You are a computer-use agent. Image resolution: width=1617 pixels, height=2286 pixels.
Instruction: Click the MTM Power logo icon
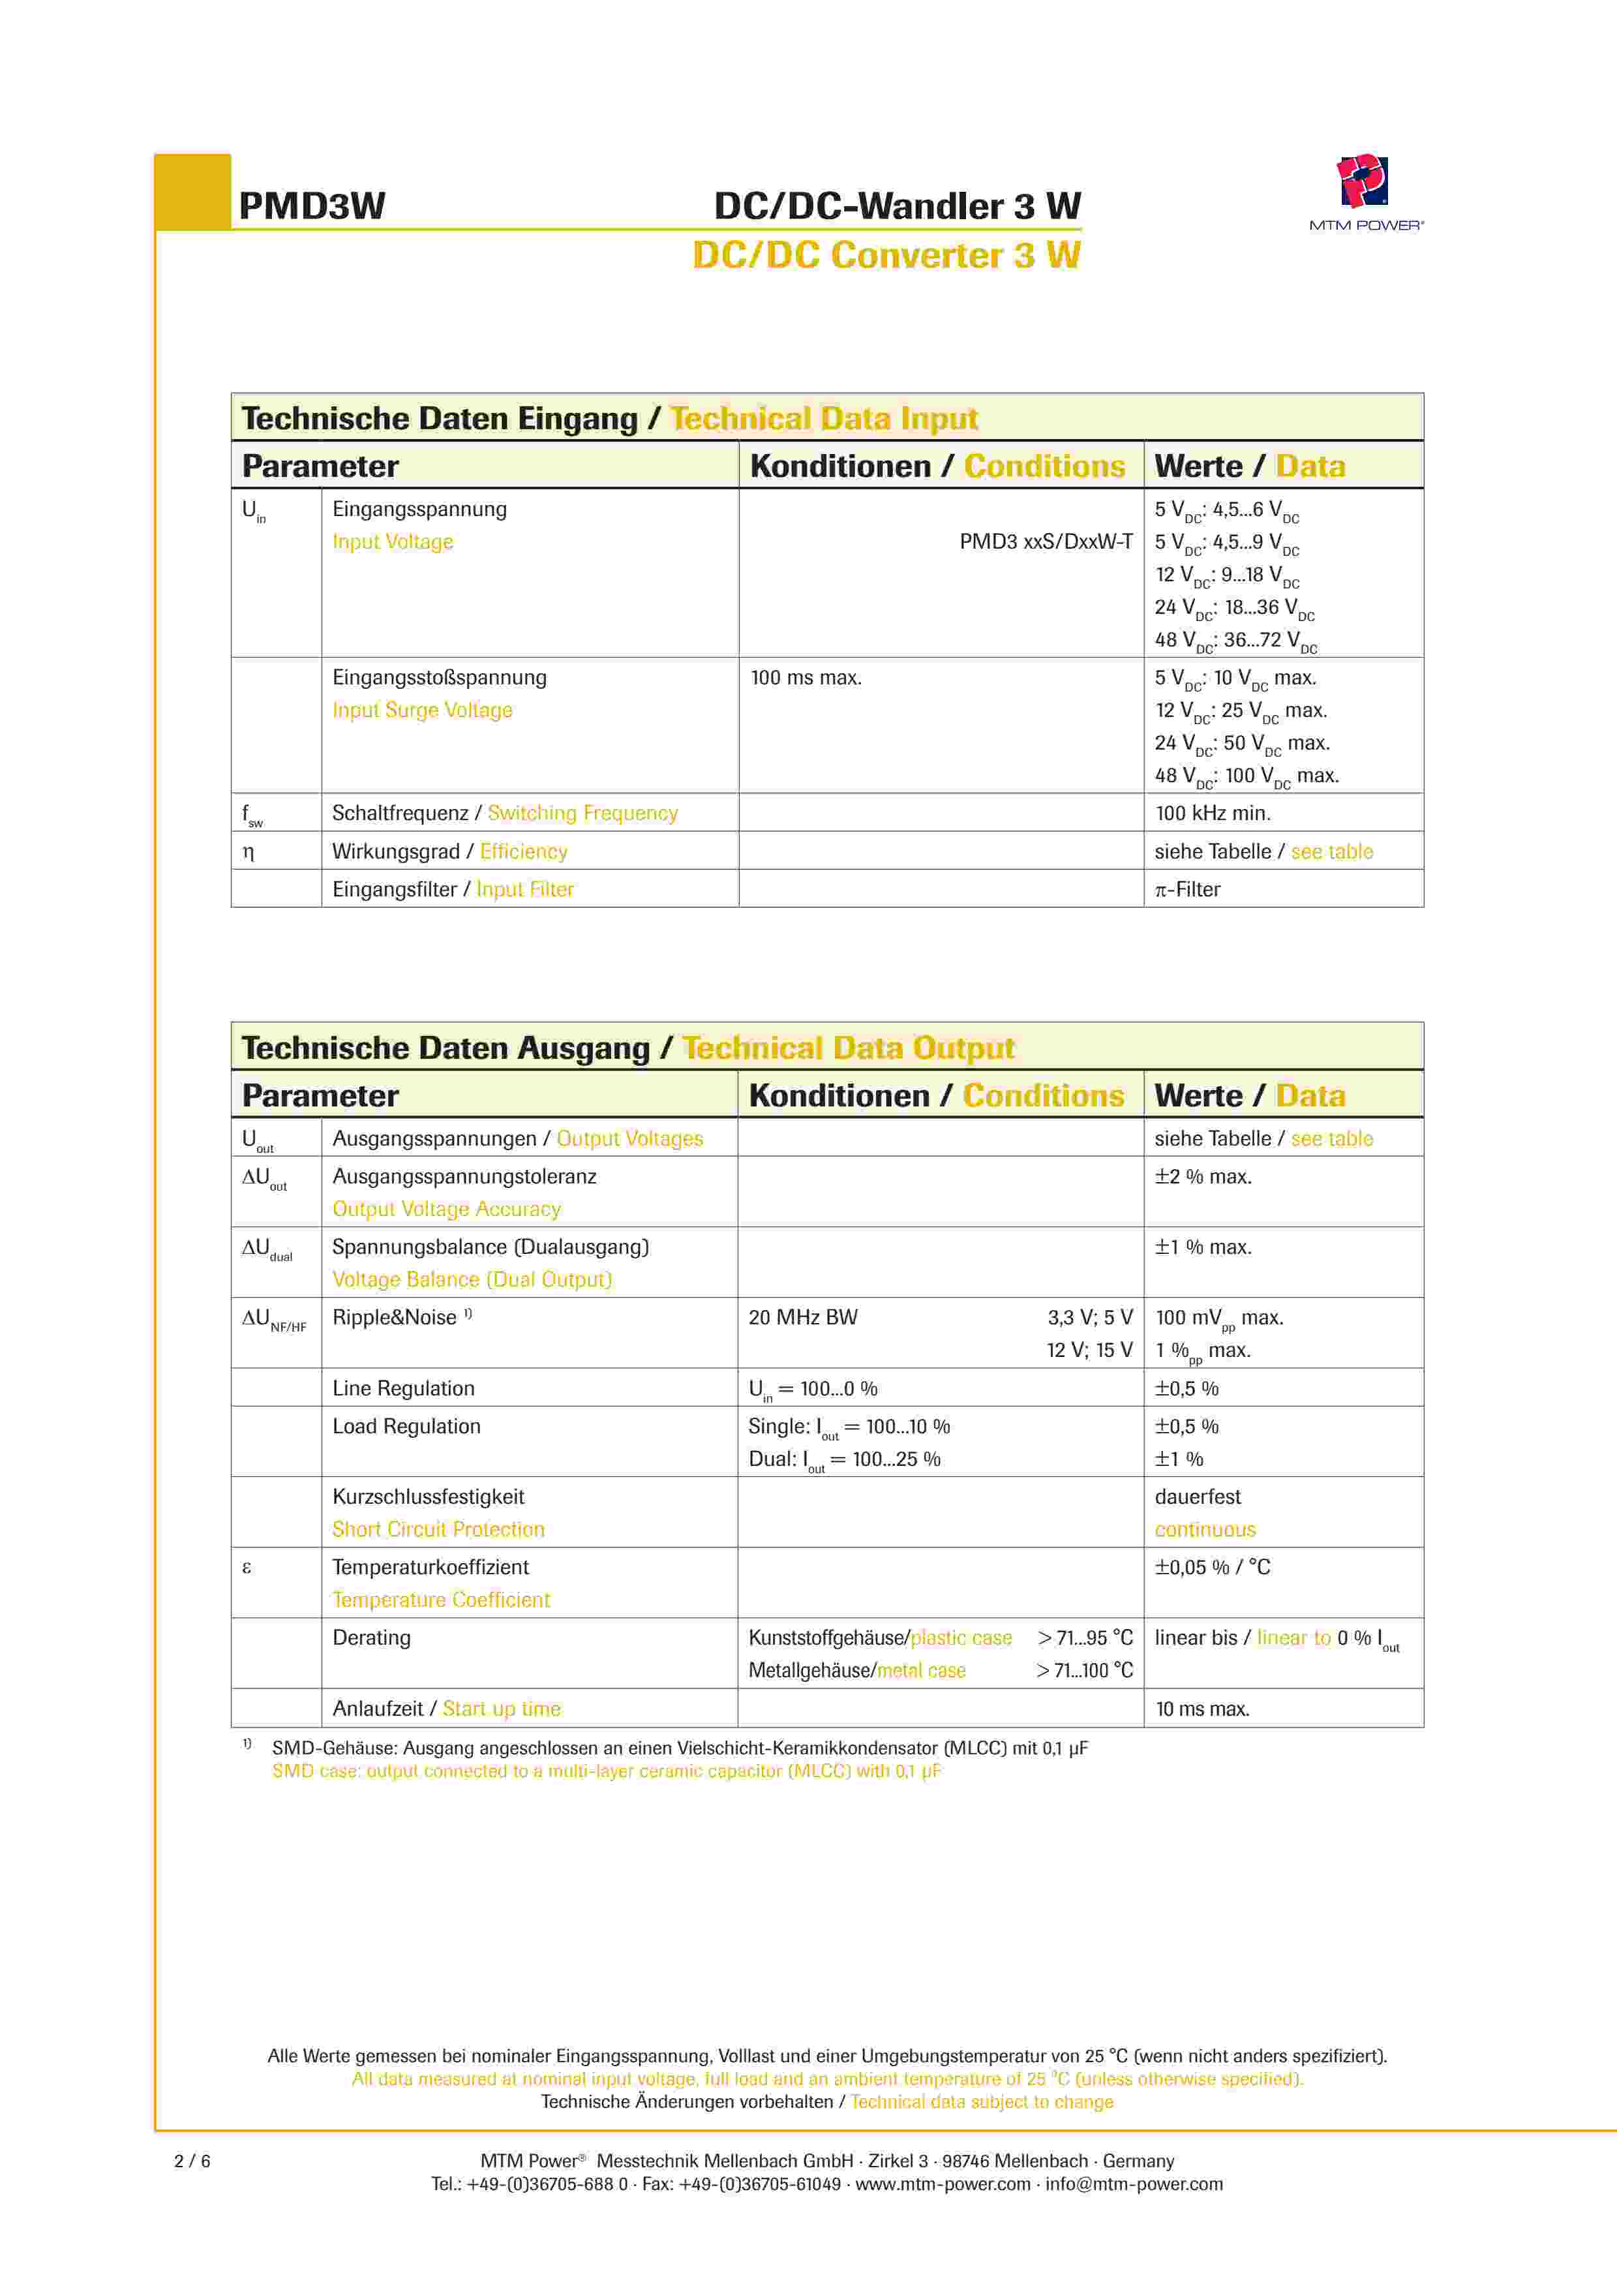(1362, 181)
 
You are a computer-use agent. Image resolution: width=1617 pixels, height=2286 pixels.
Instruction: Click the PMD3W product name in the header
(312, 206)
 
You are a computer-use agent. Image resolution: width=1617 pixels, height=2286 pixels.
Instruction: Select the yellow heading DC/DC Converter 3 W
(886, 256)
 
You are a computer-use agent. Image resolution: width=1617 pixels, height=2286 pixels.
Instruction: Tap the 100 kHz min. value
(1212, 814)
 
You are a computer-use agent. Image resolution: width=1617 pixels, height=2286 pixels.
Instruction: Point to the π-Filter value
(1187, 889)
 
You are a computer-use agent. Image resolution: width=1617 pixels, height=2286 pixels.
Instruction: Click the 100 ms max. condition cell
(806, 678)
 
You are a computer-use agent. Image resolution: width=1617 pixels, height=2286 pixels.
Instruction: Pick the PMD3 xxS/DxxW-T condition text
(1046, 541)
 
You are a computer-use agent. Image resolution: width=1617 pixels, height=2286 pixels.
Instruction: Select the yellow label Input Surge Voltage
(422, 710)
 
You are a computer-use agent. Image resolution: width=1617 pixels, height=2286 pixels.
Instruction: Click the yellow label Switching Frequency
(582, 814)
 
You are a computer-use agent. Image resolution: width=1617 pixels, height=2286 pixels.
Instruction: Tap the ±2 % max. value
(1203, 1177)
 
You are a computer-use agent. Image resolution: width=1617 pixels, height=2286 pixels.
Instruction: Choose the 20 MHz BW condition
(802, 1317)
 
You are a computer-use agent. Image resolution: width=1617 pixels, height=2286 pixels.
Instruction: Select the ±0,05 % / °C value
(1212, 1567)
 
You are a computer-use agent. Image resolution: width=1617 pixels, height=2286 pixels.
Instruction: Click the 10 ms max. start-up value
(1201, 1709)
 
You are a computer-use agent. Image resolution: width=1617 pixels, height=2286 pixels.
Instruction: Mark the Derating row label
(371, 1638)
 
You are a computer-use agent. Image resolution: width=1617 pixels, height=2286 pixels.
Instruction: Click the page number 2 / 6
(192, 2161)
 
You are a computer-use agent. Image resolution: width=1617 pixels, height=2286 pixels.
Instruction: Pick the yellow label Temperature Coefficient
(441, 1600)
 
